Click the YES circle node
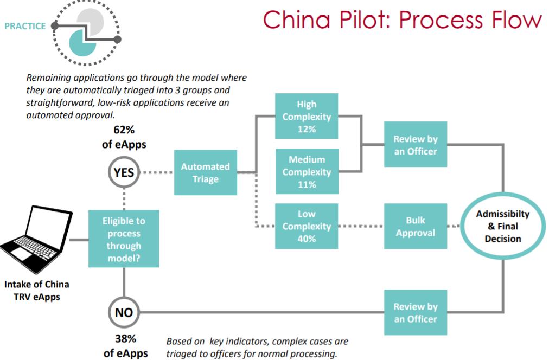click(124, 172)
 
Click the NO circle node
click(124, 312)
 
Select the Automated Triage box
click(205, 172)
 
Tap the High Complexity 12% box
click(307, 117)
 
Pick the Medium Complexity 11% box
click(307, 172)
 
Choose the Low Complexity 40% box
click(307, 226)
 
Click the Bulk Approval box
click(416, 226)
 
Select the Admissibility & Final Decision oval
click(502, 226)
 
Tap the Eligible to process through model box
click(124, 239)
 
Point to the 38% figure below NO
click(124, 339)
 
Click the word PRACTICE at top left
click(25, 26)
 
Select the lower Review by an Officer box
click(416, 313)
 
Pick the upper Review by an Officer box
click(416, 145)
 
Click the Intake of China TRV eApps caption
click(37, 290)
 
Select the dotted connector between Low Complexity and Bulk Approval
click(361, 226)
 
